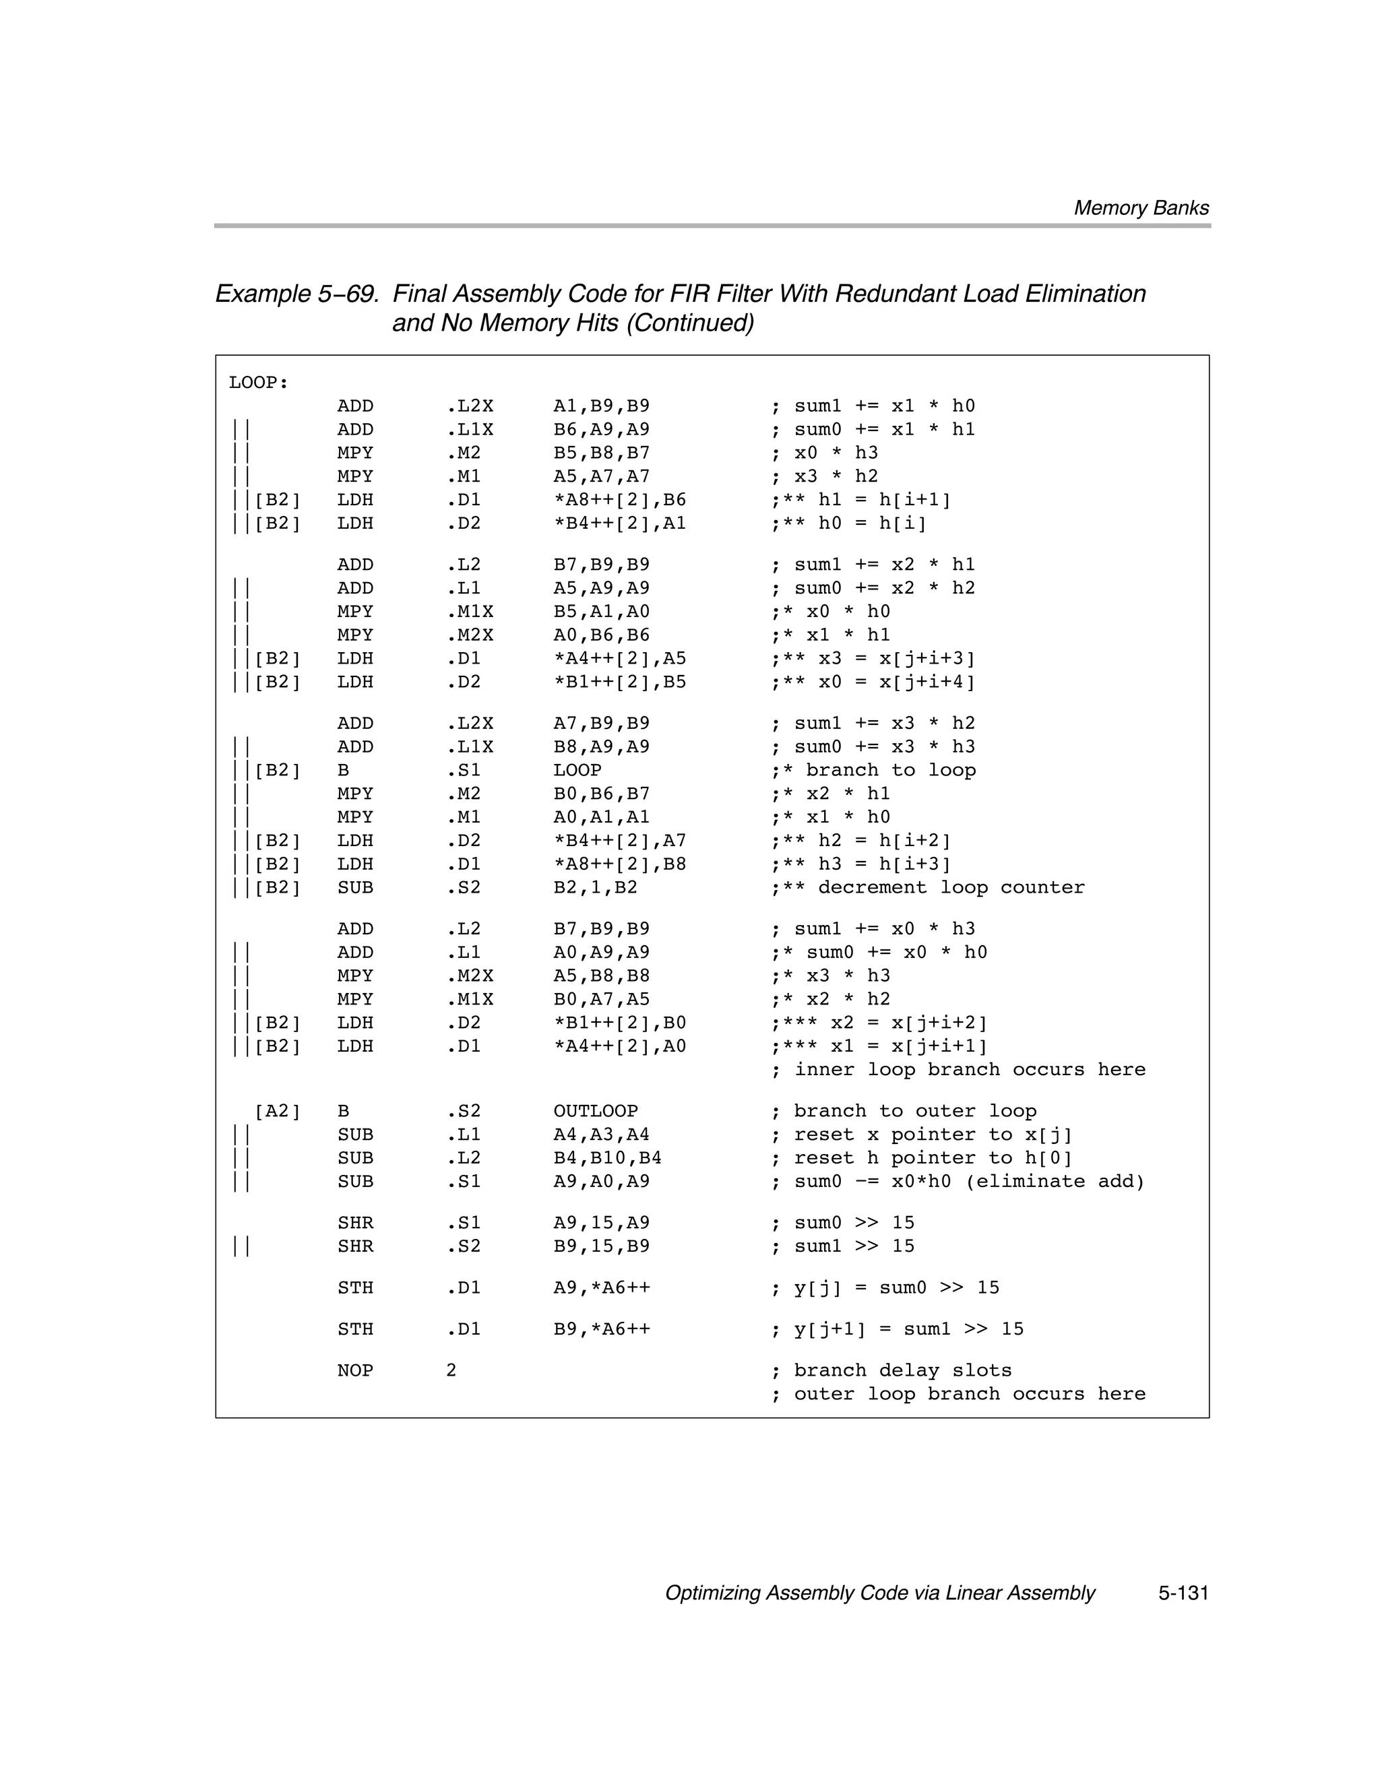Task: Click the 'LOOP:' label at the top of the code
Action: pos(259,383)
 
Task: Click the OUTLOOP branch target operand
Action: pos(595,1110)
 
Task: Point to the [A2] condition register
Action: pos(278,1110)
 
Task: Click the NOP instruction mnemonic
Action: pos(355,1370)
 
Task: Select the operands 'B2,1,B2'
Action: pos(595,887)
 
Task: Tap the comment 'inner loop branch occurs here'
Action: pos(968,1070)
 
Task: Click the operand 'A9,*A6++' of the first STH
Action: pos(601,1287)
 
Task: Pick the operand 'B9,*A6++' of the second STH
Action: pos(601,1329)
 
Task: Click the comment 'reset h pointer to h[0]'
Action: pos(931,1158)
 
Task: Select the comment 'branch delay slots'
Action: pos(902,1370)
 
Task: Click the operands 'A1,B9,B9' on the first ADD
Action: pos(601,406)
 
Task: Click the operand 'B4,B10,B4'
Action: pos(607,1158)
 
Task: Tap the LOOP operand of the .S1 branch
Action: pos(577,770)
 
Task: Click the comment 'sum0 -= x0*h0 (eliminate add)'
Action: pos(968,1181)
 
